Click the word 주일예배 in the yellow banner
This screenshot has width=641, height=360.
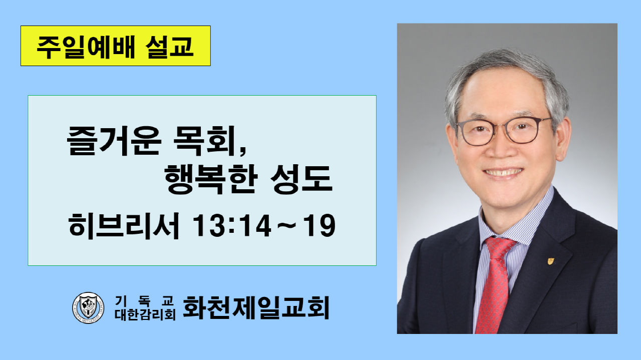click(x=86, y=47)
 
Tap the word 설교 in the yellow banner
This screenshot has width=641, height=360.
click(x=170, y=47)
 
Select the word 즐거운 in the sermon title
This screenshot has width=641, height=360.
click(x=114, y=141)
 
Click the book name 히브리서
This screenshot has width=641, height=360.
click(x=124, y=226)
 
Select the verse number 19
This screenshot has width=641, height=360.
click(x=319, y=226)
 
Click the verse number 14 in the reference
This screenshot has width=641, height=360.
click(x=255, y=226)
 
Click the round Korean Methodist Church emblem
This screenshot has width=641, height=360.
click(x=88, y=307)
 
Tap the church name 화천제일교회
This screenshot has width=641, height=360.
click(x=256, y=307)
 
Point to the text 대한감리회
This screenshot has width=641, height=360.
click(x=145, y=315)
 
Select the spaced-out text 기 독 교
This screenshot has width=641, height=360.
click(x=144, y=301)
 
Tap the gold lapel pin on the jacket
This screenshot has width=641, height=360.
click(x=550, y=261)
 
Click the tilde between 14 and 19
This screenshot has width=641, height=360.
click(x=287, y=226)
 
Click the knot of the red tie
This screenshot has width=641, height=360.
click(x=500, y=246)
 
